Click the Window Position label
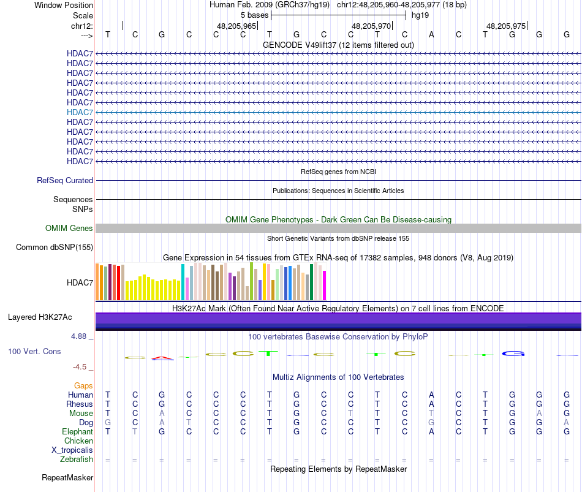pos(64,5)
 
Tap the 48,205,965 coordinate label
pos(236,26)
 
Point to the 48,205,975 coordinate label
pos(505,26)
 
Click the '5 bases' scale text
pos(254,15)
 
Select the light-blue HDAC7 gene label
pos(80,112)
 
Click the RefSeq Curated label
pos(65,181)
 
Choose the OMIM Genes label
pos(69,229)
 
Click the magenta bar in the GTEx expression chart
pos(325,286)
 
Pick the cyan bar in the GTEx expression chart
pos(183,282)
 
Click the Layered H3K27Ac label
pos(40,317)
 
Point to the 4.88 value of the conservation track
pos(81,336)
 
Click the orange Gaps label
pos(83,385)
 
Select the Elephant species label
pos(77,431)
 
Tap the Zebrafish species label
pos(77,459)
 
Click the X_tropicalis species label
pos(72,450)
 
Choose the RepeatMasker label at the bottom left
pos(67,477)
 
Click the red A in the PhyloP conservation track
pos(161,357)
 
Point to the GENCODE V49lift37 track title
pos(338,45)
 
